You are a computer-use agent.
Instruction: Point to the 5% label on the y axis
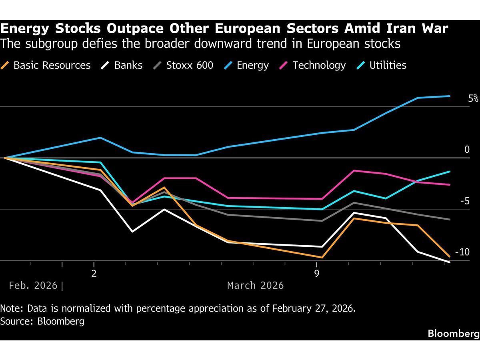473,98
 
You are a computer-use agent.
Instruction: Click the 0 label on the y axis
467,150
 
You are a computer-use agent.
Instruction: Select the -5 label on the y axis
464,201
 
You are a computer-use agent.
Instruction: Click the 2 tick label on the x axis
94,274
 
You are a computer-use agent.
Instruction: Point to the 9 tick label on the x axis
317,274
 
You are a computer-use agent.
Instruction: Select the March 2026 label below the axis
255,286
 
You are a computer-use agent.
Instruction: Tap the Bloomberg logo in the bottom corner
453,333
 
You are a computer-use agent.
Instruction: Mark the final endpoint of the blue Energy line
450,96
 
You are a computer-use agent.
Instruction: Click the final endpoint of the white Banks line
450,262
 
